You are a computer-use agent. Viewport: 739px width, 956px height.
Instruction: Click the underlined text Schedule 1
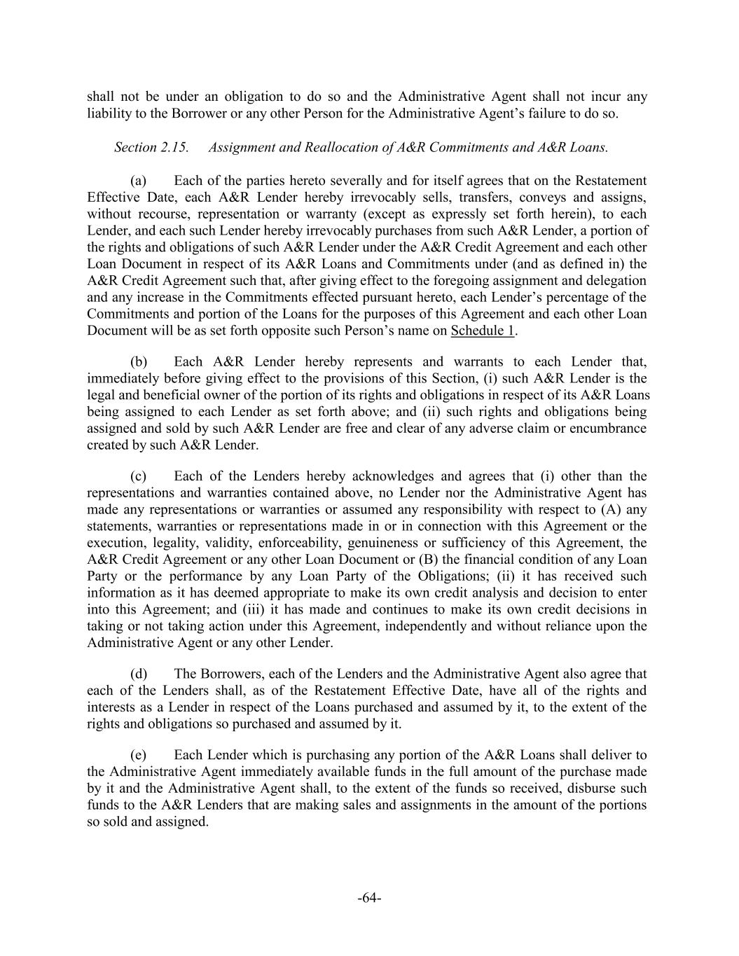point(482,331)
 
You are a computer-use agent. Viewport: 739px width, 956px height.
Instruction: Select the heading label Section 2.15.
point(151,147)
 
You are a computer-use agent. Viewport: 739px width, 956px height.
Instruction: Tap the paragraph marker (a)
point(138,181)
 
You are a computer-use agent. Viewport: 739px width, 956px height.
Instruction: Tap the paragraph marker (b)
point(139,361)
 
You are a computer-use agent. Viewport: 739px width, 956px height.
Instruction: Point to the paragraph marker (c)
point(138,476)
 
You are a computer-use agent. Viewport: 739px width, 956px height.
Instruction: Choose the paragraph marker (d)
point(139,674)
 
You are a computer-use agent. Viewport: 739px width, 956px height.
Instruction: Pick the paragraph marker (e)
point(138,755)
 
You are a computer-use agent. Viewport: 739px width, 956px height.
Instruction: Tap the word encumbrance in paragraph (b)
point(609,428)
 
